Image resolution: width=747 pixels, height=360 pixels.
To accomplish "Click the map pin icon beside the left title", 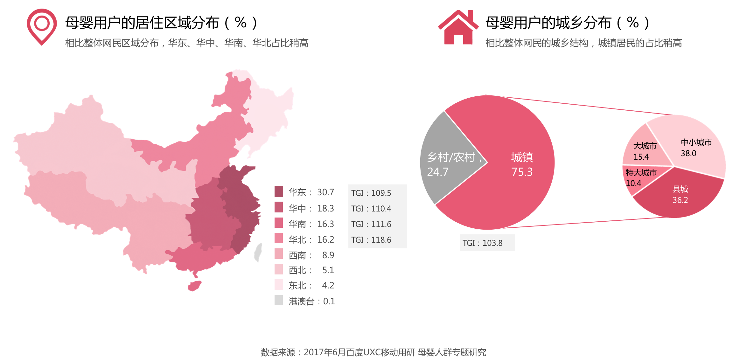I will tap(42, 26).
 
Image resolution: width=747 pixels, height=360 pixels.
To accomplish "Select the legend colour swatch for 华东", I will tap(279, 191).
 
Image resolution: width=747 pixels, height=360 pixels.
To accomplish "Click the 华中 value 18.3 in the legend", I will tap(325, 208).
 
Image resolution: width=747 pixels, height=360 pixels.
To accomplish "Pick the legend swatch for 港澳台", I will tap(279, 300).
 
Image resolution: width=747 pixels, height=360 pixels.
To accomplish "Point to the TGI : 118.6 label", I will tap(371, 240).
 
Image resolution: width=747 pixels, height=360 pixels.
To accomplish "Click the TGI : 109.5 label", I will tap(371, 193).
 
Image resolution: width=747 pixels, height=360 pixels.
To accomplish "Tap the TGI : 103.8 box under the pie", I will tap(483, 243).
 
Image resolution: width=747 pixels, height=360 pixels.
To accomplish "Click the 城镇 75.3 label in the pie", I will tap(522, 164).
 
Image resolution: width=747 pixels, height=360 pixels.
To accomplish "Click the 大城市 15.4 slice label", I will tap(644, 151).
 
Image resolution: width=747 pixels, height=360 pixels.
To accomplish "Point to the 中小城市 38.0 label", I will tap(696, 148).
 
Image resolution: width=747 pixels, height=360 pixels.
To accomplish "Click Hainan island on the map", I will tap(194, 286).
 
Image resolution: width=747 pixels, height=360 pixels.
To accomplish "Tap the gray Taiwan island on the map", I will tap(258, 253).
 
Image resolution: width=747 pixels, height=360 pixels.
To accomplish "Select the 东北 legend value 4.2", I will tap(328, 285).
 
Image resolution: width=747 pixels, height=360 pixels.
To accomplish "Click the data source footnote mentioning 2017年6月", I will tap(373, 352).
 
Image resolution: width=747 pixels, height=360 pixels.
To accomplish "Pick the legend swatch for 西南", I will tap(279, 254).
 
